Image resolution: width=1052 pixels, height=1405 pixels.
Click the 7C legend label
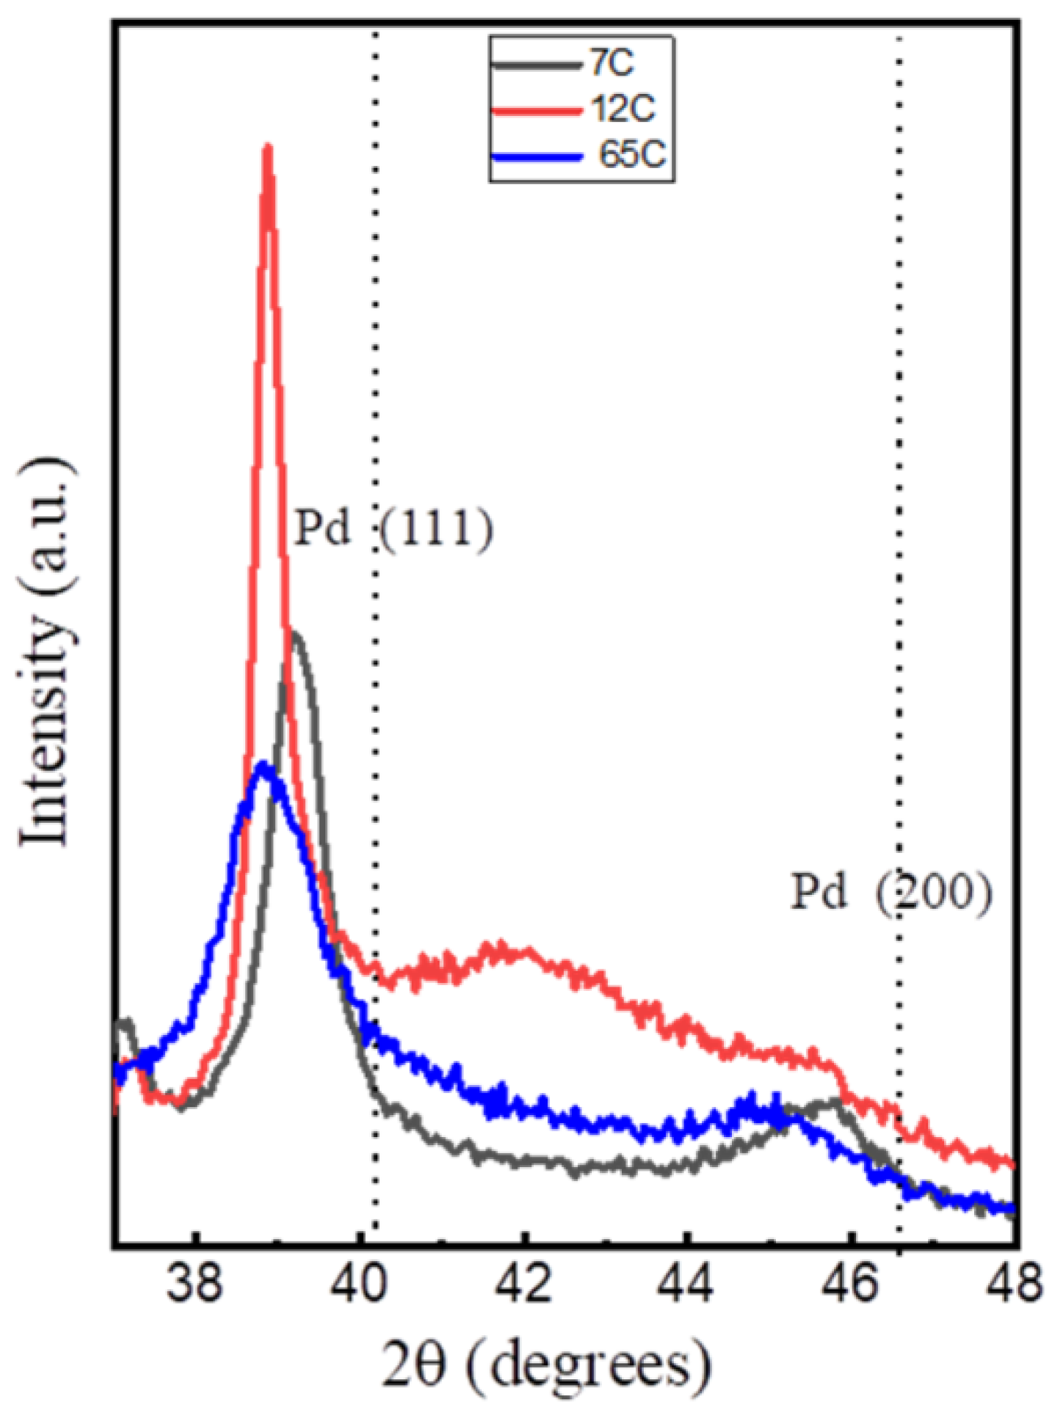(611, 65)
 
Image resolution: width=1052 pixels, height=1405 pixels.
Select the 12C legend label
(623, 110)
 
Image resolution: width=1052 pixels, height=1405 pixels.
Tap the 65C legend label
(632, 155)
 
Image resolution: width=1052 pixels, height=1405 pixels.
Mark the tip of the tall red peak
(268, 147)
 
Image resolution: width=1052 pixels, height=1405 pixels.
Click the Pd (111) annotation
(393, 528)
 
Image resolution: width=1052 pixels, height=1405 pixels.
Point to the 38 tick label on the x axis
(195, 1285)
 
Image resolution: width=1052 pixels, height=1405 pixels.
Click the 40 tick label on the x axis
(359, 1285)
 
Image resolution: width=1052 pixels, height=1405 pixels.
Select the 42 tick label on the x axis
(523, 1285)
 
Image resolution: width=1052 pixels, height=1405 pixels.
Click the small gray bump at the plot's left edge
(127, 1023)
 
